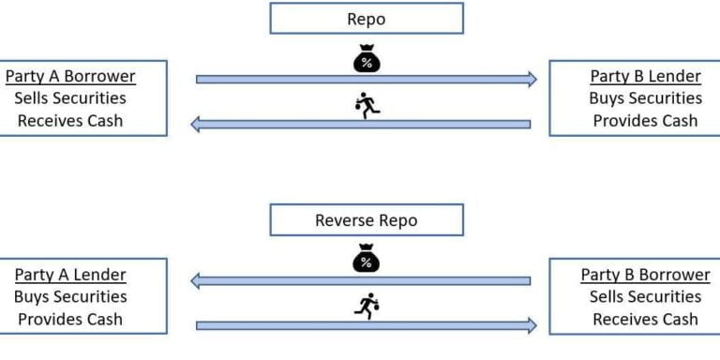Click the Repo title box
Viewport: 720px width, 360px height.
[367, 18]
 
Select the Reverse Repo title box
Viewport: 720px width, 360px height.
[367, 220]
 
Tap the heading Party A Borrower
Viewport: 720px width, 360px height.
[70, 76]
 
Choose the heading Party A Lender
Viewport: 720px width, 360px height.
[70, 275]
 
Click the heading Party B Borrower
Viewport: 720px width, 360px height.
[645, 275]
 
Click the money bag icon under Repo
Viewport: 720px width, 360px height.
[367, 59]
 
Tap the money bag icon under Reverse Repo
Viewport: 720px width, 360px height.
[367, 260]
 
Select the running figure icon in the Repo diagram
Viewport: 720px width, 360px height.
[367, 106]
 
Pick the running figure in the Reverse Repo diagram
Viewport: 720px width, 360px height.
[367, 304]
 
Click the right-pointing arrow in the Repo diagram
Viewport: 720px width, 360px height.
[366, 80]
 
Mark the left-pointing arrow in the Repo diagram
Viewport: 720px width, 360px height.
[361, 124]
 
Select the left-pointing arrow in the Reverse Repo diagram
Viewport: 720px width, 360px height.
[361, 279]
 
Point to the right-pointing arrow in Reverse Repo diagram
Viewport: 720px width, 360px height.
[366, 325]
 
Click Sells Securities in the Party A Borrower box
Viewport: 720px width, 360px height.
[70, 97]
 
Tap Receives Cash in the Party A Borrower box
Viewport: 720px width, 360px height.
[70, 120]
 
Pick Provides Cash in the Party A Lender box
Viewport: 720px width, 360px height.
[70, 319]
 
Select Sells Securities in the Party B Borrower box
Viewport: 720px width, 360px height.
[645, 296]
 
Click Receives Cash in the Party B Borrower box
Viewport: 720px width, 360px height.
[645, 319]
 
